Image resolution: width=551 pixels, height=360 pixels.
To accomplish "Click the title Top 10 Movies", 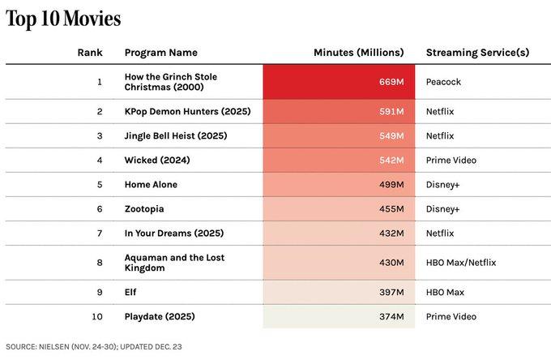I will tap(64, 18).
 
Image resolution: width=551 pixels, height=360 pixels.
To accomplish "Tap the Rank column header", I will tap(89, 53).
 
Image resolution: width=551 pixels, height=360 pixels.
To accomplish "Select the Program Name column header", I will tap(160, 53).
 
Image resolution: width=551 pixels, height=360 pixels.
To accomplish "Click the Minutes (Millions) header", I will tap(358, 53).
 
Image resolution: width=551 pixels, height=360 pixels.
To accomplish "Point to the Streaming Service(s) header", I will tap(477, 53).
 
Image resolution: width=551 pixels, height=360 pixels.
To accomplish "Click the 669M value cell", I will tap(391, 83).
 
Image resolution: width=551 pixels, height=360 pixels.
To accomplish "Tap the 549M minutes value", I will tap(391, 135).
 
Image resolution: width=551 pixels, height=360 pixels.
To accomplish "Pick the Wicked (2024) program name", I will tap(157, 160).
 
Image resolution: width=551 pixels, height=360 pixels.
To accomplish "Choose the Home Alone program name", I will tap(151, 184).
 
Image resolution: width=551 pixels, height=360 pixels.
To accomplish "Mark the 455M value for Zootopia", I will tap(391, 208).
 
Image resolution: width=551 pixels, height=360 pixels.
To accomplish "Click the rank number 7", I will tap(100, 233).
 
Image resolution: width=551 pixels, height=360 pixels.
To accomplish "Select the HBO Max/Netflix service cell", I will tap(460, 263).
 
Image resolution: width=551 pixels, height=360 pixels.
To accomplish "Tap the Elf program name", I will tap(131, 292).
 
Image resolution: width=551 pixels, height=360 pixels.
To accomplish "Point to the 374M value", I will tap(391, 316).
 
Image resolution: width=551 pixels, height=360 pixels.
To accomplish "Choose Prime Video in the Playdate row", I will tap(451, 316).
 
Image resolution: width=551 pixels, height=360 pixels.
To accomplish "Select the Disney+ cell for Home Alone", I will tap(442, 184).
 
